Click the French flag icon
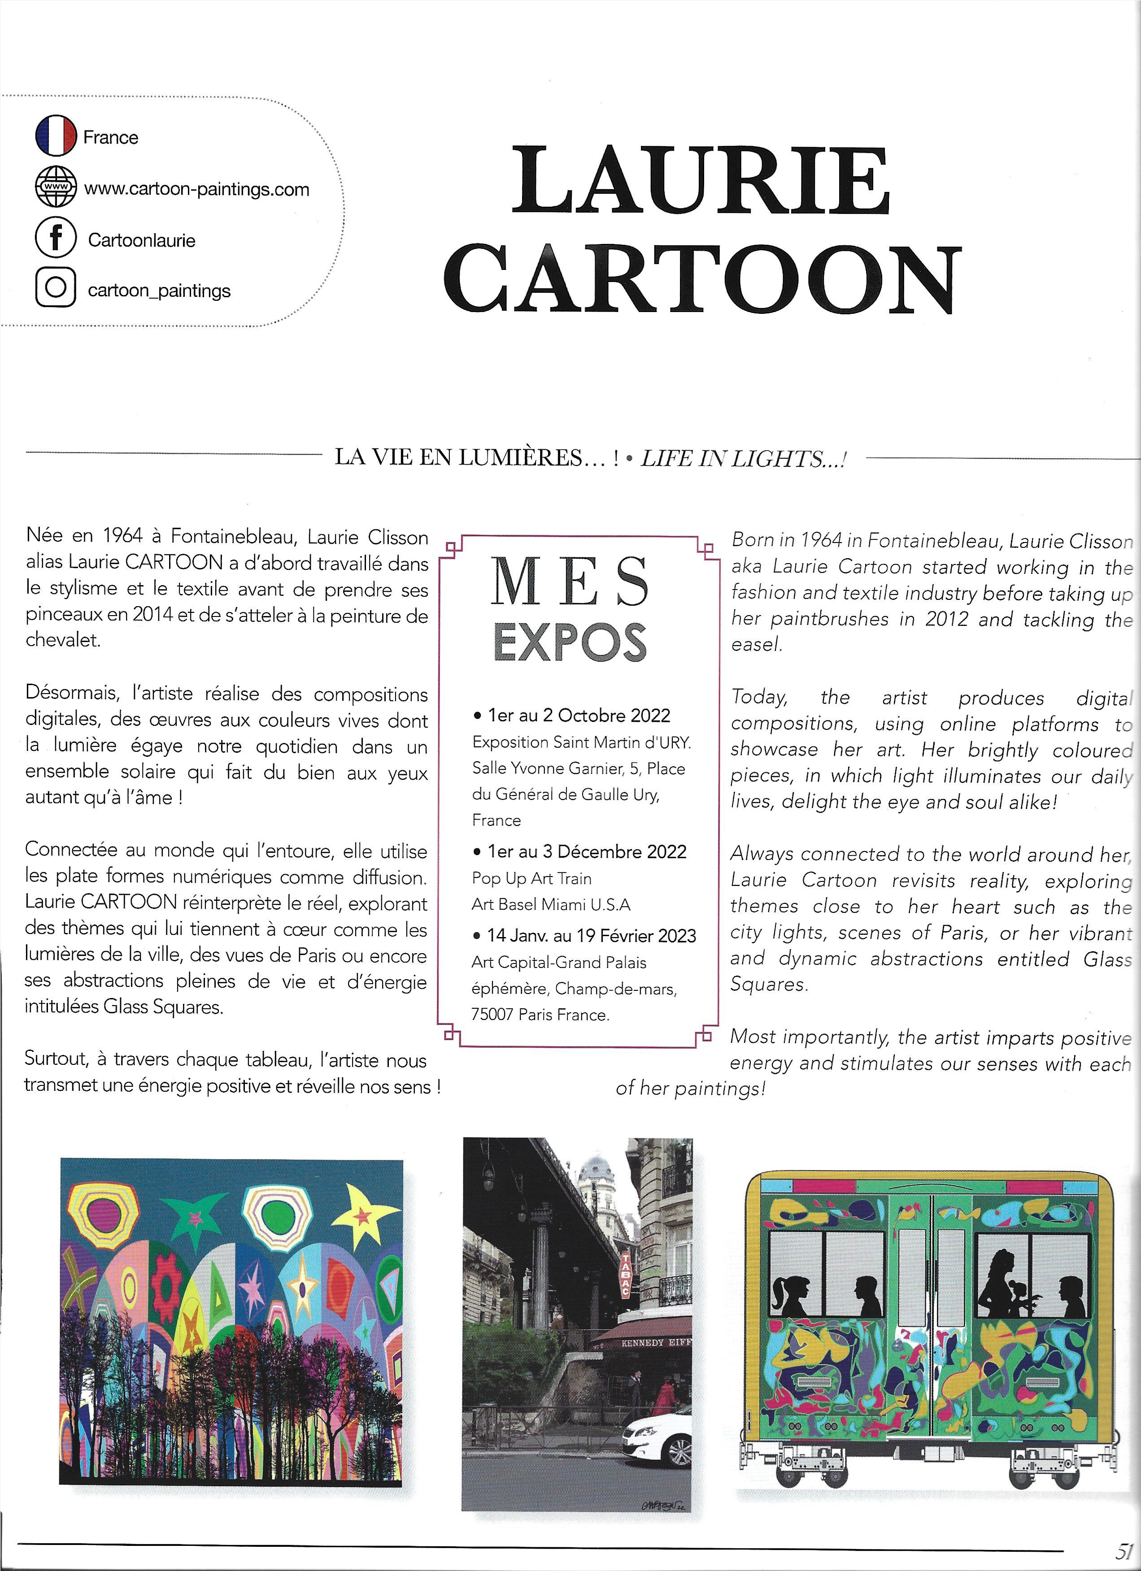pyautogui.click(x=56, y=136)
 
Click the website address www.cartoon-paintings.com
pyautogui.click(x=197, y=189)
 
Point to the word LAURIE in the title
pyautogui.click(x=701, y=182)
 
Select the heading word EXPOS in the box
pyautogui.click(x=570, y=643)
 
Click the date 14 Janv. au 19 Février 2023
pyautogui.click(x=591, y=936)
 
